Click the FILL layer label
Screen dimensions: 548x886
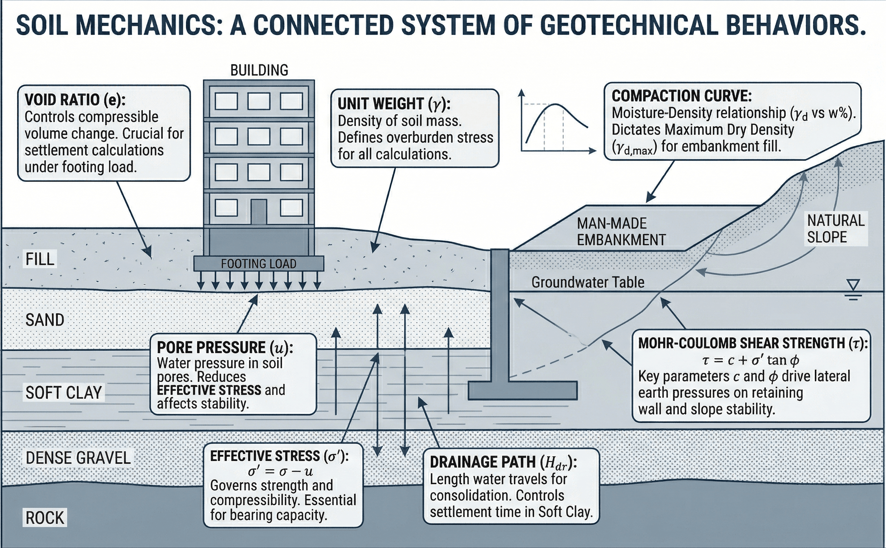(40, 259)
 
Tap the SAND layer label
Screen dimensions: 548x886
(45, 320)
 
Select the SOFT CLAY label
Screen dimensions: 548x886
(64, 392)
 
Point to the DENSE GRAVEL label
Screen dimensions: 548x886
(78, 458)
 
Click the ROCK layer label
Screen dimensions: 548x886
(45, 518)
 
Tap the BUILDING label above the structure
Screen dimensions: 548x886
(259, 70)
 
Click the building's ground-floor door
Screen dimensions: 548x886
(259, 212)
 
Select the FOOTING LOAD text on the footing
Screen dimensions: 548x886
(259, 264)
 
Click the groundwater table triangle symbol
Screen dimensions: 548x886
(853, 285)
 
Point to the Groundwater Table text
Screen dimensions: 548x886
(587, 282)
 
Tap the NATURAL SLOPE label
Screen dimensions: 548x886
(835, 229)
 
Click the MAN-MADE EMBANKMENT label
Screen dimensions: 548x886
(621, 232)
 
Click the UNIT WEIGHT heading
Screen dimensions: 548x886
(394, 104)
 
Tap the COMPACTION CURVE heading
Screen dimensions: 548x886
(681, 96)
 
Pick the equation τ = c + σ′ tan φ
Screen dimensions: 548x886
(750, 360)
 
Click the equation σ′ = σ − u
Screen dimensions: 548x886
(280, 471)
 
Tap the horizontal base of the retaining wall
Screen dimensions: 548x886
(522, 390)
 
